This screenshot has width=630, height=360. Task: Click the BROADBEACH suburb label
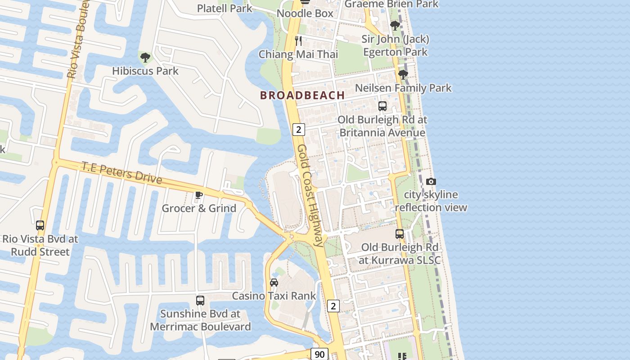302,95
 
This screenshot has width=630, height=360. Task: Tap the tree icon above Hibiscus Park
145,57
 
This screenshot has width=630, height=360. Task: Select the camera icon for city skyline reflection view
431,181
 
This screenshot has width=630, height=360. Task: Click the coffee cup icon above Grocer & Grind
198,195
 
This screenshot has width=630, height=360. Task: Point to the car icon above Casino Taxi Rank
274,283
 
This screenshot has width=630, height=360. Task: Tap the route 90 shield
319,354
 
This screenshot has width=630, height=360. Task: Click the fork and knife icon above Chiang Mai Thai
298,41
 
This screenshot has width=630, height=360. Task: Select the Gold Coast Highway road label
310,195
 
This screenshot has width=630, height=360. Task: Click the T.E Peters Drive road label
121,172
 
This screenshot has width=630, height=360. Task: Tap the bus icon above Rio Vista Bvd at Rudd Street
40,225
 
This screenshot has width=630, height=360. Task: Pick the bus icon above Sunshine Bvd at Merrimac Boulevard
200,300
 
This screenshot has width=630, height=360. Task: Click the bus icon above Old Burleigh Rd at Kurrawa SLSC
400,234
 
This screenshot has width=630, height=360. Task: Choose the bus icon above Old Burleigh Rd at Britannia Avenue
382,106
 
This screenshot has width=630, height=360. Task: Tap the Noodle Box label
305,13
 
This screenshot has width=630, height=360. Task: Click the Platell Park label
225,8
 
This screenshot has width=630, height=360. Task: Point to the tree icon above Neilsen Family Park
403,74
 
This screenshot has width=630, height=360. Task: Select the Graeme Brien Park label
391,4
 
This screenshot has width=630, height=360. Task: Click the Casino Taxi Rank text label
274,296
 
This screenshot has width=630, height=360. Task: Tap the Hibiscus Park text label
145,71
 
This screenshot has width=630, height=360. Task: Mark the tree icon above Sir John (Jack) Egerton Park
395,26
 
